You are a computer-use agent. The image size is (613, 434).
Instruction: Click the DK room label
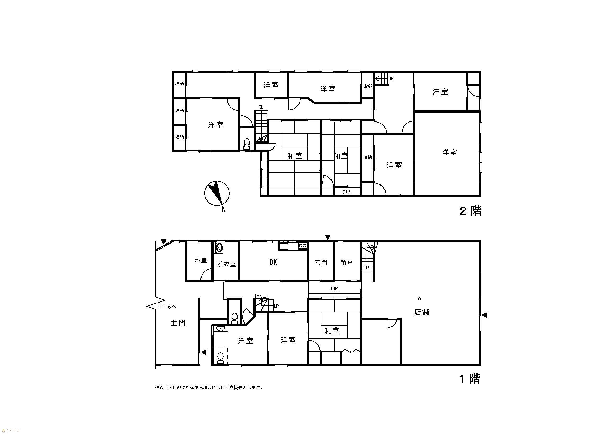click(273, 262)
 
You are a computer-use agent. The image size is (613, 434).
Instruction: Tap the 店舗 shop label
click(422, 312)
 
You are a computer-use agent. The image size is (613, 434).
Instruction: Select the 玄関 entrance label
click(321, 262)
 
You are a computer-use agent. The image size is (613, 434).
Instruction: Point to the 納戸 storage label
click(346, 262)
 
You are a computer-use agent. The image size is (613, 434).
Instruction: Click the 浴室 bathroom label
click(201, 261)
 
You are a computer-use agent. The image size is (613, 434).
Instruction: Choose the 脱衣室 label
click(226, 264)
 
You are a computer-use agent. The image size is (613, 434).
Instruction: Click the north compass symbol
click(217, 193)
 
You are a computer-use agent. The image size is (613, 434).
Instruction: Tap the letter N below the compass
click(224, 209)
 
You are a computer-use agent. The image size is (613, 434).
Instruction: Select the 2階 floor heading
click(470, 211)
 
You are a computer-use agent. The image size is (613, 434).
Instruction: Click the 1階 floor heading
click(470, 379)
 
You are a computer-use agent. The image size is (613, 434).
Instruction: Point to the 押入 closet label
click(347, 192)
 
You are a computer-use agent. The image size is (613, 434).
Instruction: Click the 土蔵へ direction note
click(167, 306)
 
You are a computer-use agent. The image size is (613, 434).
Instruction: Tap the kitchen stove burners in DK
click(302, 246)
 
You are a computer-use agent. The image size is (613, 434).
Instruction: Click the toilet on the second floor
click(247, 144)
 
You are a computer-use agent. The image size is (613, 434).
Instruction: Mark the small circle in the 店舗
click(419, 299)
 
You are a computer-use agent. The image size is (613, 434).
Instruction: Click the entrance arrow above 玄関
click(328, 237)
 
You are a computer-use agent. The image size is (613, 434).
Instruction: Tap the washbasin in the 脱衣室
click(219, 248)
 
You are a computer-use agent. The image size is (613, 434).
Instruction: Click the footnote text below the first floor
click(209, 388)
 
